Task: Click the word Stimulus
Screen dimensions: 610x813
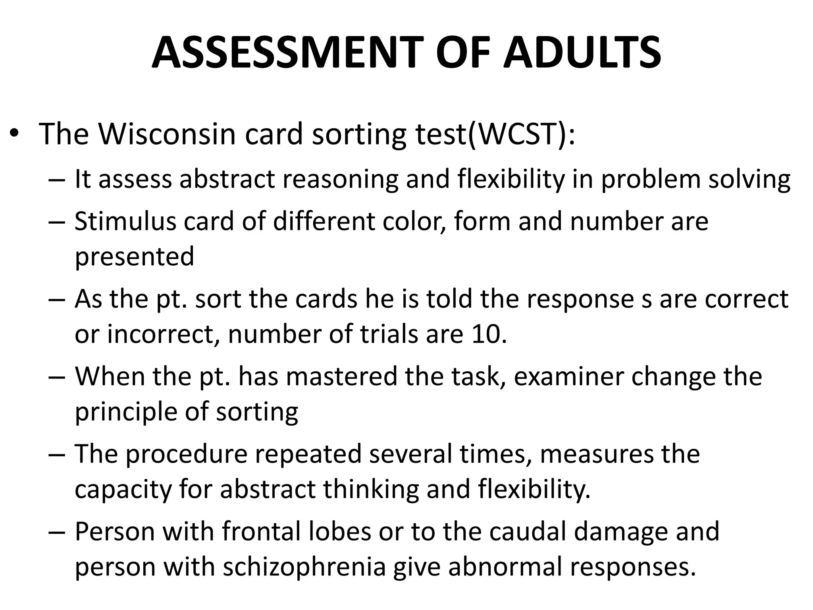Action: coord(125,221)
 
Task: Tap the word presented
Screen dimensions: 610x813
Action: coord(134,257)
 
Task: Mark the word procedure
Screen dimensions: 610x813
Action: coord(187,454)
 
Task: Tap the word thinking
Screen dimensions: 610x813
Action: coord(371,489)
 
